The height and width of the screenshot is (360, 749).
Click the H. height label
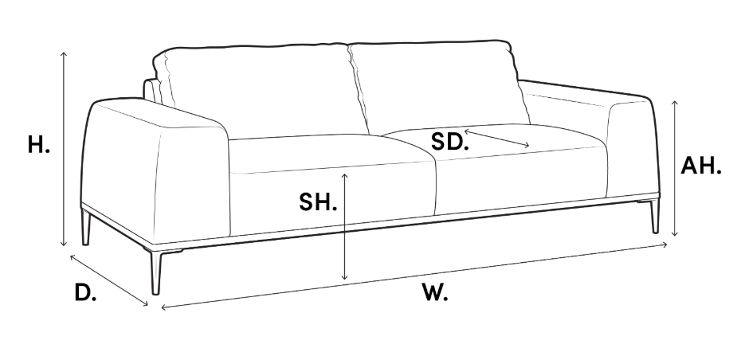(x=39, y=145)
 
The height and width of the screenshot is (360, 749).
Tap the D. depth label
(x=85, y=292)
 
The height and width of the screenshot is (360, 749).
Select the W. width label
(x=435, y=292)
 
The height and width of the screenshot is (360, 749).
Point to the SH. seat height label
(x=318, y=202)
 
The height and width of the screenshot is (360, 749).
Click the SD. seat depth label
(x=449, y=142)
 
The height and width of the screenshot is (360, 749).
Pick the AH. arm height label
(x=700, y=166)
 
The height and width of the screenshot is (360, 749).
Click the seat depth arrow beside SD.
(x=496, y=138)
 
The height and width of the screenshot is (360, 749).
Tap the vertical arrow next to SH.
(x=345, y=227)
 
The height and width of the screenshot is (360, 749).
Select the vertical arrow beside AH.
(x=674, y=168)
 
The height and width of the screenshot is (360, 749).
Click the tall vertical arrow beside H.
(x=64, y=148)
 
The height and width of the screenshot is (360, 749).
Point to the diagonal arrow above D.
(x=109, y=280)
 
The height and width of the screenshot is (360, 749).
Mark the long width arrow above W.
(x=414, y=276)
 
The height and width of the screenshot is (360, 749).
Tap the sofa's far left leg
(x=86, y=227)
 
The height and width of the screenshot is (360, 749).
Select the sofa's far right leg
(x=654, y=217)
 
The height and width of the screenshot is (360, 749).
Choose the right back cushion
(x=436, y=84)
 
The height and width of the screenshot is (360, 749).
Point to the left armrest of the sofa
(x=155, y=170)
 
